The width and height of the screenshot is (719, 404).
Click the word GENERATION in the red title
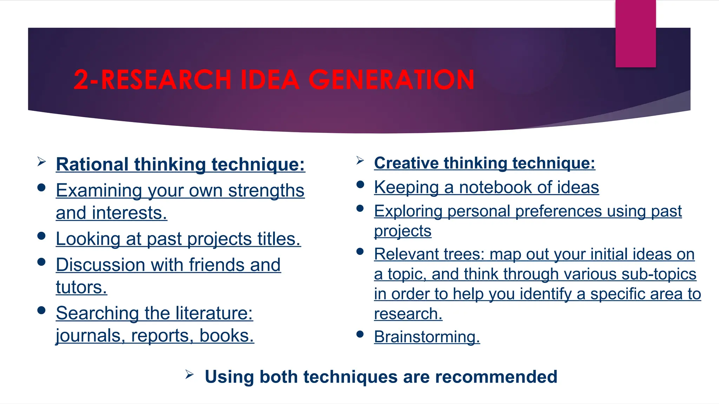pos(391,79)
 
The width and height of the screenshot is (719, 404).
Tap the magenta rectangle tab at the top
pos(635,33)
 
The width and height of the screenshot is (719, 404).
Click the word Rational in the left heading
pos(92,164)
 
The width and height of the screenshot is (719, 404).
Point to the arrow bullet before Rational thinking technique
pos(41,162)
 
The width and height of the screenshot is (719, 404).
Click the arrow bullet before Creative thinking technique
pos(360,161)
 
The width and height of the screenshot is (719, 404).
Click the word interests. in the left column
pos(129,213)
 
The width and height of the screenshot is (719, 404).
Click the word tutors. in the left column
pos(81,287)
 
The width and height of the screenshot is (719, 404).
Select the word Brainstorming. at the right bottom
pos(427,337)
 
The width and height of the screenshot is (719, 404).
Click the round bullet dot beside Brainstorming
pos(360,334)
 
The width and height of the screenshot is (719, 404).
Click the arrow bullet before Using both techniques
pos(189,375)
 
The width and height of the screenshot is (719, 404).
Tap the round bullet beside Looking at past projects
pos(41,236)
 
